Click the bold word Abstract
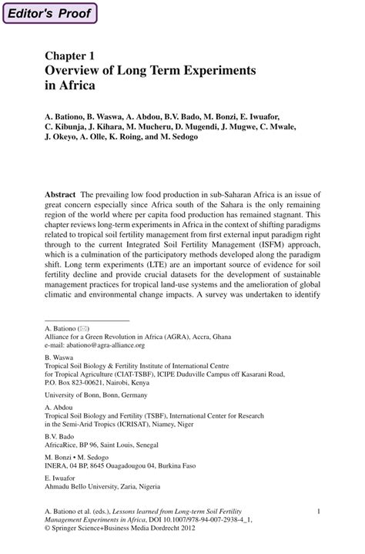tap(61, 196)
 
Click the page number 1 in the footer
tap(318, 510)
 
